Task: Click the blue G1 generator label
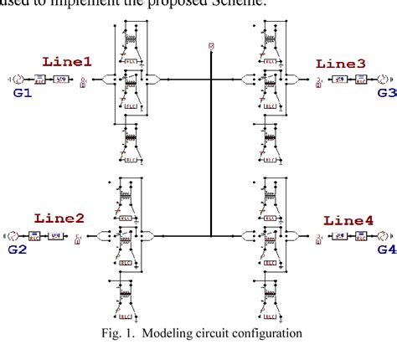click(22, 94)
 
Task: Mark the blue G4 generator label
click(384, 249)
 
